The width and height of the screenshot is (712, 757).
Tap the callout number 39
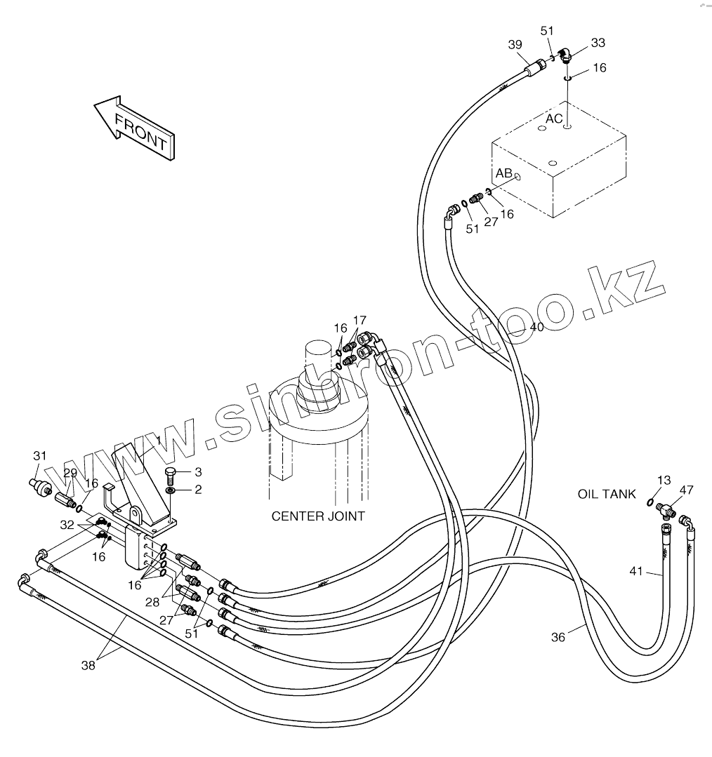click(x=515, y=45)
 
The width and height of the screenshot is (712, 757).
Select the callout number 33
click(x=598, y=43)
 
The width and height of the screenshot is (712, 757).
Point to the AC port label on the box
click(x=554, y=119)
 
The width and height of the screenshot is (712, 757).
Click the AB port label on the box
click(x=503, y=173)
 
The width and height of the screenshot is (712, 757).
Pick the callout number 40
click(x=536, y=326)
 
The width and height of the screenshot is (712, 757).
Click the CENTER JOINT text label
click(x=318, y=516)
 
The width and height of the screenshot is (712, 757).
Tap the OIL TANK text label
click(x=607, y=494)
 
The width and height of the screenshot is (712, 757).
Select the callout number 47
click(x=686, y=490)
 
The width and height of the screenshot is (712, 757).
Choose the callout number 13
click(x=664, y=480)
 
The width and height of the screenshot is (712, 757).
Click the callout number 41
click(x=636, y=571)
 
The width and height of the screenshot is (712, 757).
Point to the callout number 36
click(x=558, y=637)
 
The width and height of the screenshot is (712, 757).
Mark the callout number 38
click(x=88, y=666)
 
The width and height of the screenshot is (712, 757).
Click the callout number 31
click(x=40, y=456)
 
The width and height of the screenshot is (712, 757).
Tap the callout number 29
click(x=70, y=473)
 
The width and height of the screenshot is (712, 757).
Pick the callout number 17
click(x=360, y=320)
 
